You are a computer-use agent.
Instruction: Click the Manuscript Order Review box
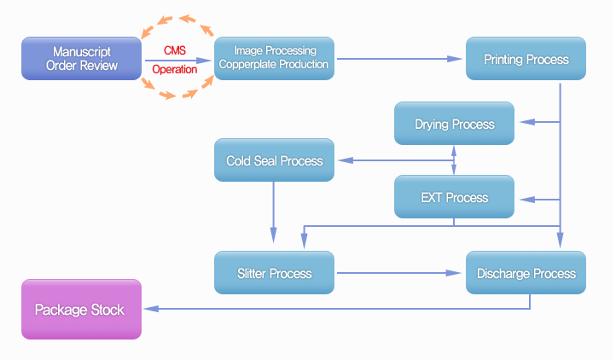81,59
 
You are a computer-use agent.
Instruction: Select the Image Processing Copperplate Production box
274,59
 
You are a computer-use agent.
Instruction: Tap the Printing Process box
526,59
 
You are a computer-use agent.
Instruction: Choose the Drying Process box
454,124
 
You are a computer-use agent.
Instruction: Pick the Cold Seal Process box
274,160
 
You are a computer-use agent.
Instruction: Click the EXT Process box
454,196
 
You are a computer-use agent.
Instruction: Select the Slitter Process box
274,272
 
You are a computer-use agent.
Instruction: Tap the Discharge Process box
526,272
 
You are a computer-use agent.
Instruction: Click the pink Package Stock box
81,310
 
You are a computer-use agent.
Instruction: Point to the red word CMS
175,50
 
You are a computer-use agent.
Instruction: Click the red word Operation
175,70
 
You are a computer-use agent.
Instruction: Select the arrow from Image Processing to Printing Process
399,59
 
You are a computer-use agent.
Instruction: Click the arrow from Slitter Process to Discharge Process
398,273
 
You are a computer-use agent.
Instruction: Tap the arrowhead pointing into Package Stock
152,309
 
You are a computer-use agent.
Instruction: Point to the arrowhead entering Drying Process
527,122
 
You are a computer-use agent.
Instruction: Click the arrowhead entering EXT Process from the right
527,200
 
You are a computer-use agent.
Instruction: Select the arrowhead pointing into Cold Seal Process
346,160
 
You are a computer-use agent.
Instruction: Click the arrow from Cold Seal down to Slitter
273,212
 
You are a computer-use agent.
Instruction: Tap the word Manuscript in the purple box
82,52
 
